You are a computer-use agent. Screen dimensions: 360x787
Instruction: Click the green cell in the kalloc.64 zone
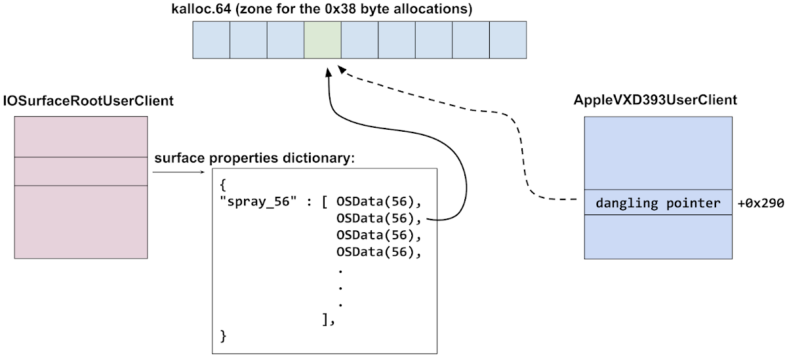322,40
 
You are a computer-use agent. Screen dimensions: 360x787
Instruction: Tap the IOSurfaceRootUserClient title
89,101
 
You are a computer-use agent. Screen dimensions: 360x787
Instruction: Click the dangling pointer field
658,203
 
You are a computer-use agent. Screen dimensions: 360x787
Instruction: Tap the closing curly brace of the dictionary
224,336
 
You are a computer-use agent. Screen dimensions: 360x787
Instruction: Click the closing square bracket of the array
327,319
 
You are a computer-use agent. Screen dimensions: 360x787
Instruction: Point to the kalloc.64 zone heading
312,10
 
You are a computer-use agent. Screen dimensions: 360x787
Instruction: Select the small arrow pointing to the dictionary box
178,172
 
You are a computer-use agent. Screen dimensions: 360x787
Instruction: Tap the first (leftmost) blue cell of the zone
211,40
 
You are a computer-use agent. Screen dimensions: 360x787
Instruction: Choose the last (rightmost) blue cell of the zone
508,40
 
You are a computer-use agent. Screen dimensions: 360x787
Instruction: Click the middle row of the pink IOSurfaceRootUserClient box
81,171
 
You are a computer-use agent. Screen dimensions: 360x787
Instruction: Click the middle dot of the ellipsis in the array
340,287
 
